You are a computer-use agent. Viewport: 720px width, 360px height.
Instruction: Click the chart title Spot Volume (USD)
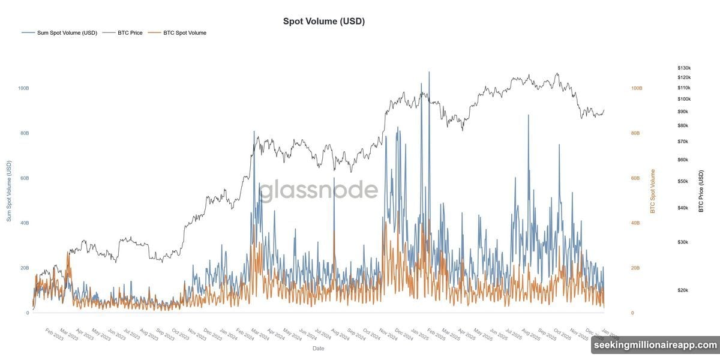(x=324, y=21)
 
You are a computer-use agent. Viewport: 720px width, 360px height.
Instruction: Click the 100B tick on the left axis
(x=23, y=88)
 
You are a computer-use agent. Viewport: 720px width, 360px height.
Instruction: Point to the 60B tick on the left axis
(x=23, y=178)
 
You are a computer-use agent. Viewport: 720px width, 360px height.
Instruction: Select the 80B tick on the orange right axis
(x=636, y=133)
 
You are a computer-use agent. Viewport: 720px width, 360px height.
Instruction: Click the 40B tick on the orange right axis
(x=636, y=223)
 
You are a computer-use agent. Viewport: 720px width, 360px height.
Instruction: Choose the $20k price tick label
(x=683, y=290)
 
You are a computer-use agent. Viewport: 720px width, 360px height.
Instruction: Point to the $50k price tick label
(x=683, y=181)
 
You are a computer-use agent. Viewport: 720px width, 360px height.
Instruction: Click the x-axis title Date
(x=318, y=348)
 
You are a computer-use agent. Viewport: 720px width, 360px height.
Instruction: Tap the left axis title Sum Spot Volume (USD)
(x=10, y=191)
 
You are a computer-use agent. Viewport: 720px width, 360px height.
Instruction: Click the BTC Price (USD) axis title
(x=701, y=191)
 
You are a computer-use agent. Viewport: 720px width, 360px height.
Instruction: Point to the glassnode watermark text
(x=318, y=190)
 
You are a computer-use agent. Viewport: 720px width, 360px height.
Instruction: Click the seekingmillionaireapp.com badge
(x=655, y=345)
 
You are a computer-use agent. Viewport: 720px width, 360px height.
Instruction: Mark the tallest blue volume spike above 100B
(x=429, y=73)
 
